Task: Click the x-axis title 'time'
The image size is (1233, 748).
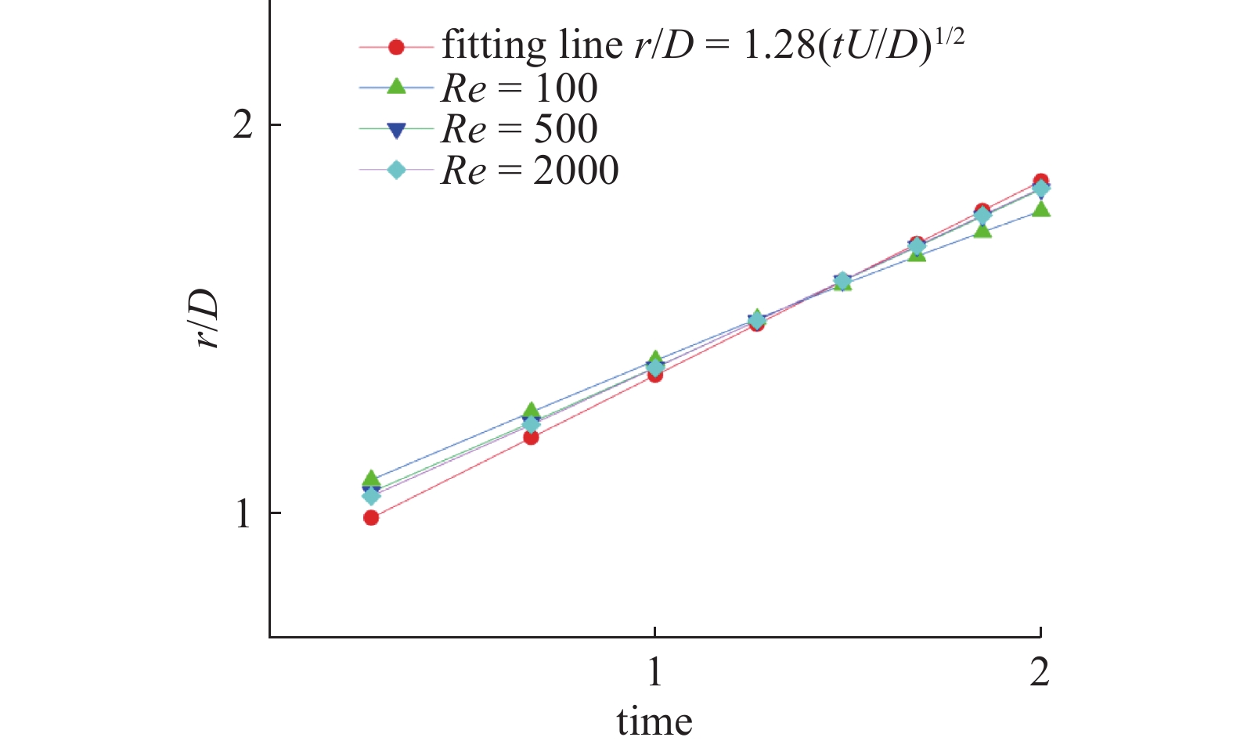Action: pyautogui.click(x=654, y=721)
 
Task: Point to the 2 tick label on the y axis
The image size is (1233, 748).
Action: pyautogui.click(x=243, y=125)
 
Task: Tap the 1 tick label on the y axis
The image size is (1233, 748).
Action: pyautogui.click(x=243, y=513)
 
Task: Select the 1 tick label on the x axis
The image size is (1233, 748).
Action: pyautogui.click(x=654, y=671)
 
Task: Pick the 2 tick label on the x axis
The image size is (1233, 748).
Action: pyautogui.click(x=1039, y=671)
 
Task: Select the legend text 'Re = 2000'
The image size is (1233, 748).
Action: pyautogui.click(x=530, y=171)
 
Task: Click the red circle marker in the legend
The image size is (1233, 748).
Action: pyautogui.click(x=396, y=47)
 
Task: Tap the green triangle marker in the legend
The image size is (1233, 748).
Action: pyautogui.click(x=396, y=87)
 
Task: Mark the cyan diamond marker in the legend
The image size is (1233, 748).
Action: pyautogui.click(x=396, y=170)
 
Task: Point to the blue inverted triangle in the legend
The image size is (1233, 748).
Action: pyautogui.click(x=396, y=129)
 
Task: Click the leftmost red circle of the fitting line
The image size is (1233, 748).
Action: pyautogui.click(x=371, y=517)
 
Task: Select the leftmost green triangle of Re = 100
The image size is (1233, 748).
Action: pyautogui.click(x=371, y=479)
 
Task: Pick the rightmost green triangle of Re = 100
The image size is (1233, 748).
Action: pyautogui.click(x=1040, y=209)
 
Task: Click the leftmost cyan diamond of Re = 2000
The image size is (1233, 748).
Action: pyautogui.click(x=371, y=496)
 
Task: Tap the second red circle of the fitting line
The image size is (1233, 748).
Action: pyautogui.click(x=531, y=437)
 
